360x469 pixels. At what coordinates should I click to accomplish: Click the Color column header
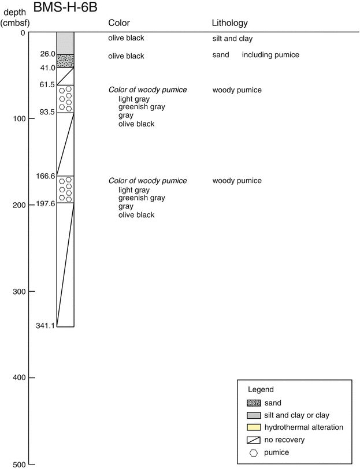(x=119, y=23)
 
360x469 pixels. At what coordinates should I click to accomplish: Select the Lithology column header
(x=229, y=23)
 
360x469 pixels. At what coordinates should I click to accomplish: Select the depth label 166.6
(x=46, y=176)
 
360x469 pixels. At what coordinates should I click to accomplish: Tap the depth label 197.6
(x=46, y=203)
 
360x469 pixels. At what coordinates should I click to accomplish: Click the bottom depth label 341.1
(x=46, y=326)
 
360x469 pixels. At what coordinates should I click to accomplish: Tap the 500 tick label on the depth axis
(x=20, y=464)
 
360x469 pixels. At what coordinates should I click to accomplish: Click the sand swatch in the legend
(x=254, y=403)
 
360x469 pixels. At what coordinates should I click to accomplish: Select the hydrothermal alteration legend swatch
(x=254, y=427)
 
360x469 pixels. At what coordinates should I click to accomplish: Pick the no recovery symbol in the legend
(x=254, y=440)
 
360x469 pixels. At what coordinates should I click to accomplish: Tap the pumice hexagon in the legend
(x=254, y=452)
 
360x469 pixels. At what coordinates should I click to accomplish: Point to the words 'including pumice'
(x=270, y=55)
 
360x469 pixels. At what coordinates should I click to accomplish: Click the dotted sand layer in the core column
(x=65, y=61)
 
